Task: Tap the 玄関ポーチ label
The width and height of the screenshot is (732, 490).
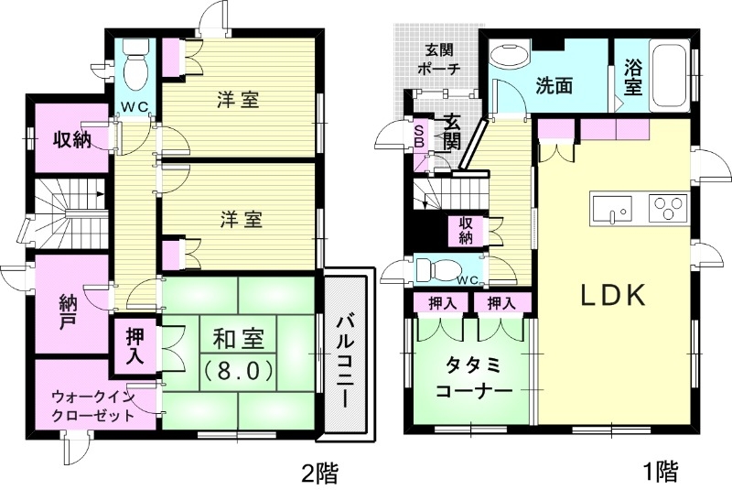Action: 436,60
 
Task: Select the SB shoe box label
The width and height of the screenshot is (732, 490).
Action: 419,136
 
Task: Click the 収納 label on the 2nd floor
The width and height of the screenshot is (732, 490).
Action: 70,140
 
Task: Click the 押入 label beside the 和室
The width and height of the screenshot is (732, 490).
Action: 133,345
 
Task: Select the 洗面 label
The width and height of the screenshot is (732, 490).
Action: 554,87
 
